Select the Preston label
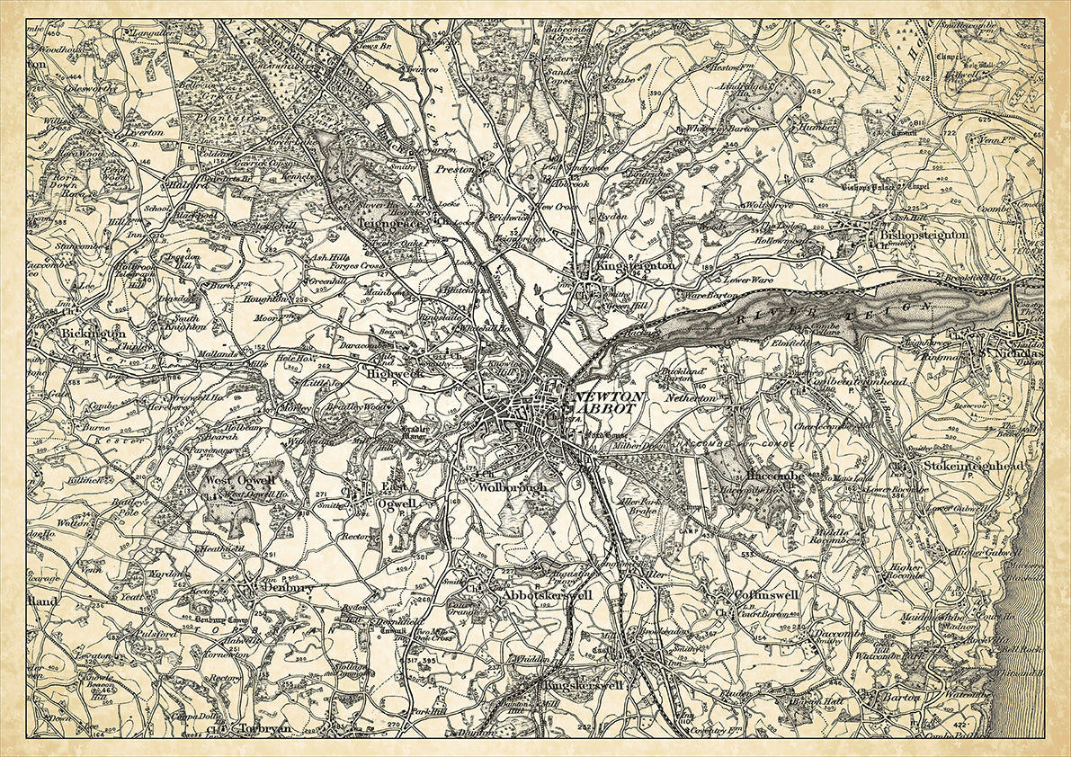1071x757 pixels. [x=454, y=168]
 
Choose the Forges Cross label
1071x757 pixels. [x=356, y=266]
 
